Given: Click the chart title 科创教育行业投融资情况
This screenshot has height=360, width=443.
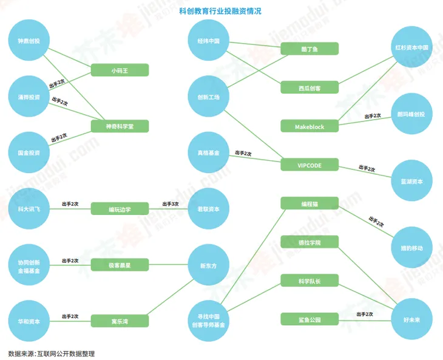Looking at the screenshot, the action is (x=220, y=12).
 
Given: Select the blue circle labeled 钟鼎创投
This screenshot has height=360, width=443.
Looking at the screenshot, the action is (x=29, y=40).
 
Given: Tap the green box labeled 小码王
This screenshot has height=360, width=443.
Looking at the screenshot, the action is (x=120, y=70).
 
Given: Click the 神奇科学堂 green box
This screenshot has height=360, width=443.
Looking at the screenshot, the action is (x=120, y=126).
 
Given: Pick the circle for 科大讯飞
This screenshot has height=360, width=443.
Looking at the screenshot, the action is (x=29, y=209).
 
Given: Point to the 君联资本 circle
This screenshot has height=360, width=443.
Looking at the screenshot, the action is (x=209, y=209).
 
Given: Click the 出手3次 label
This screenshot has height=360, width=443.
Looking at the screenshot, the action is (x=171, y=204).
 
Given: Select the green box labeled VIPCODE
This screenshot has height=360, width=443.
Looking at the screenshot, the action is (x=309, y=165).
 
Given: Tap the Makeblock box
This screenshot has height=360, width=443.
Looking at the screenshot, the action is (x=309, y=126).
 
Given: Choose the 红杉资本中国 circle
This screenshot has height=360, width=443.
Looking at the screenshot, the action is (x=411, y=47).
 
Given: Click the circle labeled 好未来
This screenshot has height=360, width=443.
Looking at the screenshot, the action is (x=411, y=319).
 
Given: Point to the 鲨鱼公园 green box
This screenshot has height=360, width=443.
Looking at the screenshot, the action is (x=309, y=319).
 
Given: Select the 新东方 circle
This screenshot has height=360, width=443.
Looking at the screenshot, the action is (x=209, y=265).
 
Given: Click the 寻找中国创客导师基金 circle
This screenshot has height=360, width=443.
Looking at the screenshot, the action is (x=209, y=321).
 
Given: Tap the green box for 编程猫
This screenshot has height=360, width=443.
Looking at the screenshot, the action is (x=309, y=203).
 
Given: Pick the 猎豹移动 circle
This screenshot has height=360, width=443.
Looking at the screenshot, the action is (x=411, y=247).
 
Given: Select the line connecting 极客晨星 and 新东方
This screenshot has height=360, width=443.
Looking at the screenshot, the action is (x=168, y=265).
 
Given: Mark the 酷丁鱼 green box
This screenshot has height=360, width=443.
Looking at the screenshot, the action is (x=309, y=49).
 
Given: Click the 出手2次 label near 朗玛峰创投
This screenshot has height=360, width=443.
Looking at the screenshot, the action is (x=373, y=116).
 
